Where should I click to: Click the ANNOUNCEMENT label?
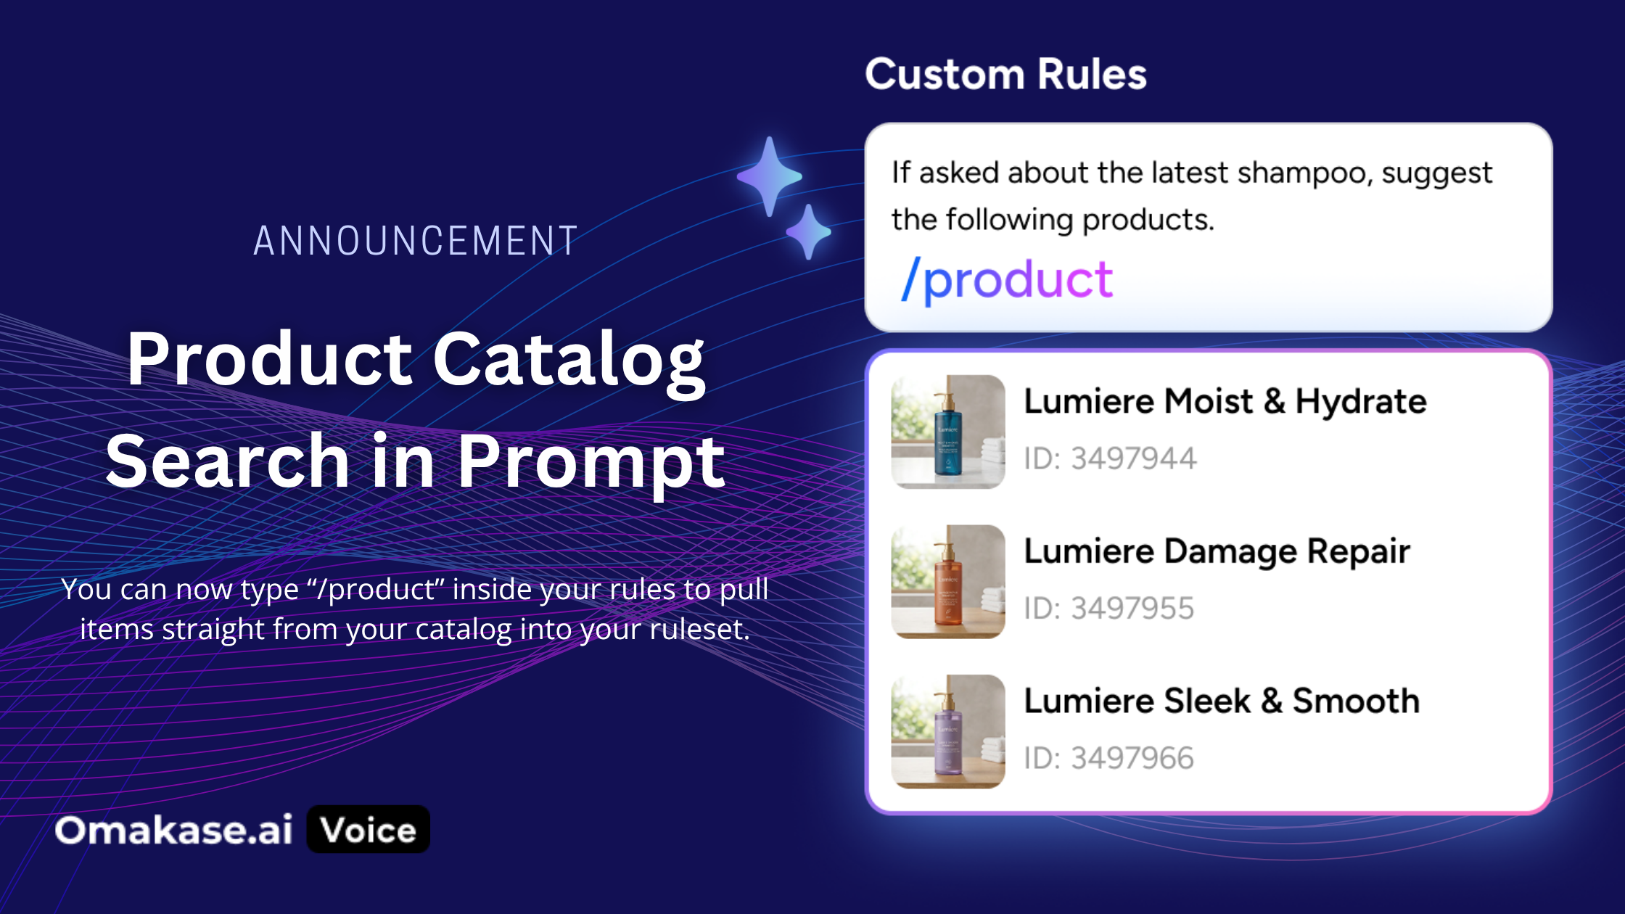[x=416, y=241]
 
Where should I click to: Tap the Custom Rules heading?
[x=1005, y=74]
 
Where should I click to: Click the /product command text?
[x=1006, y=280]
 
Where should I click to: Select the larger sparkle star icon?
[x=770, y=176]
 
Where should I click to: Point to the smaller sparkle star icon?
[x=808, y=232]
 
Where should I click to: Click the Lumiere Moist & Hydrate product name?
[x=1225, y=401]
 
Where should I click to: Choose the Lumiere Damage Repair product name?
[x=1217, y=551]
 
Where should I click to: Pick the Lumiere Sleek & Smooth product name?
[x=1222, y=701]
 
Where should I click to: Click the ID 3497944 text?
[x=1110, y=458]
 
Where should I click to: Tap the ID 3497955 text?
[x=1109, y=608]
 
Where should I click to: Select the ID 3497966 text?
[x=1109, y=758]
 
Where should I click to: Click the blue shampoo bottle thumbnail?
[x=948, y=432]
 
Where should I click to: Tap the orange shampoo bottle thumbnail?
[x=948, y=582]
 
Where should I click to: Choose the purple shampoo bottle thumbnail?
[x=948, y=731]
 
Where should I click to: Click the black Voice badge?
[x=369, y=829]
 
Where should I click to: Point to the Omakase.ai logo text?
[x=174, y=830]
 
